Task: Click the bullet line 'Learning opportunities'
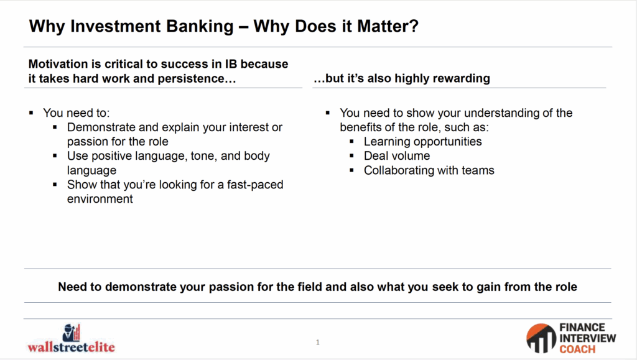(422, 142)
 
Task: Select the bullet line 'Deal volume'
(396, 156)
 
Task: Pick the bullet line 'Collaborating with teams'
(429, 170)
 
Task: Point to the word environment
(100, 199)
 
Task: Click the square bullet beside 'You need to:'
(31, 113)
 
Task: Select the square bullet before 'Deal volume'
(352, 156)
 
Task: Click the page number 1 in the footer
(318, 342)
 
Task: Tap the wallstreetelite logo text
(71, 347)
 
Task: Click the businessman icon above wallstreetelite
(72, 333)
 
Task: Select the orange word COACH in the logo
(577, 349)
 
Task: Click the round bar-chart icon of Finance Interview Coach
(541, 338)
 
